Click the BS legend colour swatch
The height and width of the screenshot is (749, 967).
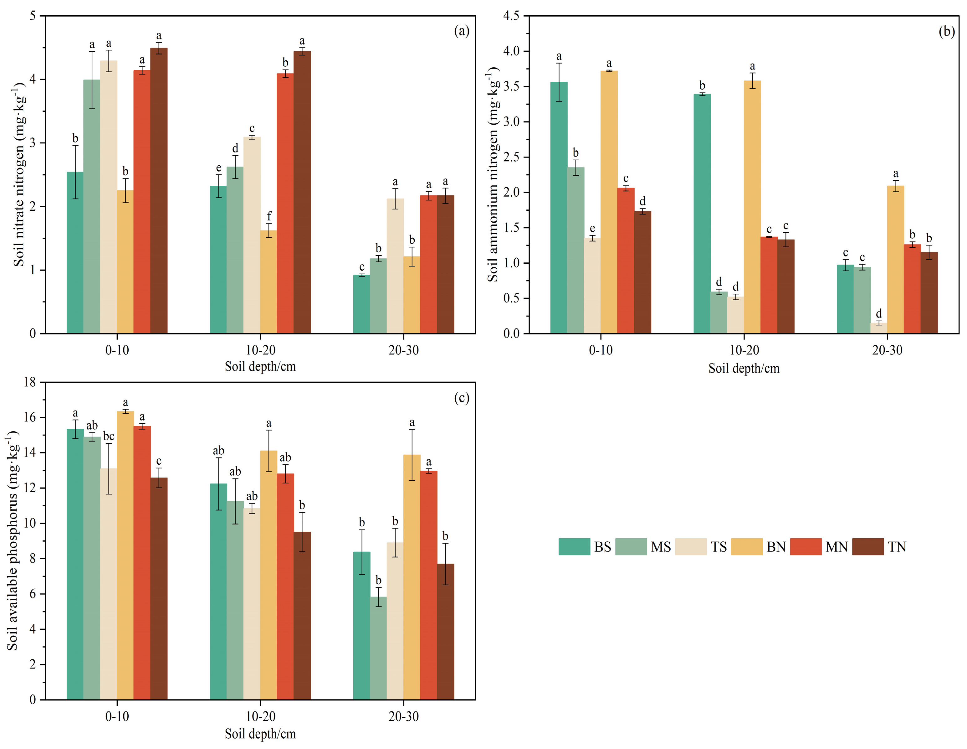click(x=574, y=547)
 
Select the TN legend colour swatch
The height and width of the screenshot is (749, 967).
click(x=868, y=547)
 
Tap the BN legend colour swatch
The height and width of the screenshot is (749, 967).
click(x=746, y=547)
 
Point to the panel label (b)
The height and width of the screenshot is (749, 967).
click(x=947, y=31)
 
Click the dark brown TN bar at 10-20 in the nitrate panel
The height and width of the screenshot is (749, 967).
click(x=302, y=192)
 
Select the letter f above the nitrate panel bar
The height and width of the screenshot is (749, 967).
click(x=269, y=216)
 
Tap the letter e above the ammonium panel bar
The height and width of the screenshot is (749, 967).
click(x=592, y=229)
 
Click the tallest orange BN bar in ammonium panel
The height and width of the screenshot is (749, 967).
click(x=609, y=202)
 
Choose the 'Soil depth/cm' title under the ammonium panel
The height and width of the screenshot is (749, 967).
click(x=744, y=369)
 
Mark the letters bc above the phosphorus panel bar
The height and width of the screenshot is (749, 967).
click(x=109, y=436)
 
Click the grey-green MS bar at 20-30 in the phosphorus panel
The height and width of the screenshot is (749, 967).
click(x=378, y=648)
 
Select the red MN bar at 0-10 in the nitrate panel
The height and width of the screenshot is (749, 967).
click(x=142, y=202)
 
